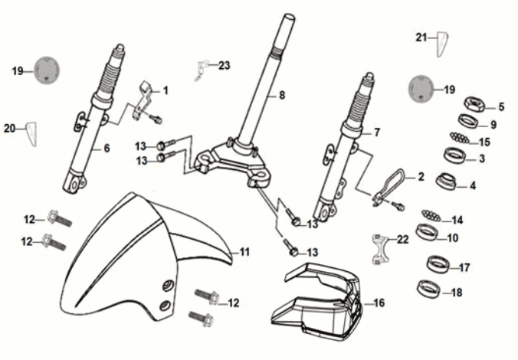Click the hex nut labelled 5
click(473, 104)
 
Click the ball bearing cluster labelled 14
click(431, 214)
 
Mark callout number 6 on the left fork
click(107, 148)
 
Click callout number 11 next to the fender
click(244, 252)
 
